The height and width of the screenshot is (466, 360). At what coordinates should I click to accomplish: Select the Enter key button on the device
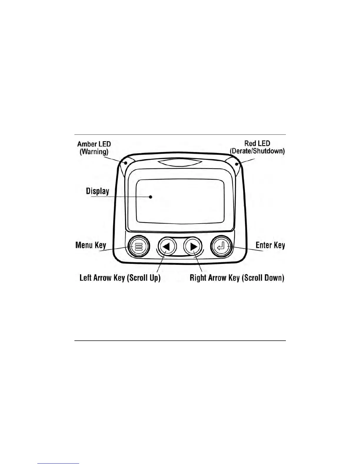tap(221, 247)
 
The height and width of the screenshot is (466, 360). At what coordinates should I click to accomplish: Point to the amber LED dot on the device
tap(126, 163)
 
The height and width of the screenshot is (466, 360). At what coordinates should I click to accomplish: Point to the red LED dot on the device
tap(236, 164)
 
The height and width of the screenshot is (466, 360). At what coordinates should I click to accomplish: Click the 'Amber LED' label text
tap(94, 144)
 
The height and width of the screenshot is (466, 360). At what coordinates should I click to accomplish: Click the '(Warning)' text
tap(94, 152)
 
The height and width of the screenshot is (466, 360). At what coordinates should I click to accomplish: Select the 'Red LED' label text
tap(257, 143)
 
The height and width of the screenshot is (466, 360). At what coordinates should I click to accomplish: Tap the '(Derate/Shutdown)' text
tap(257, 151)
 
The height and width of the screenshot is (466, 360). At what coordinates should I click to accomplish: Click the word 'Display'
tap(97, 191)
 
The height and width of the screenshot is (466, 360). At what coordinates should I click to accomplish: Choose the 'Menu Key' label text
tap(91, 245)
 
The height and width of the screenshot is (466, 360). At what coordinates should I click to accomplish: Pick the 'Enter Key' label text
tap(270, 245)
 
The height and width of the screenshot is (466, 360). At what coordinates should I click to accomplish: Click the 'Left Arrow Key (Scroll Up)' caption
tap(120, 278)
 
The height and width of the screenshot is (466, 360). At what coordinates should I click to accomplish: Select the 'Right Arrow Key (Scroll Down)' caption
tap(237, 278)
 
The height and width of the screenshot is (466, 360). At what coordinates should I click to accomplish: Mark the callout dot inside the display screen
tap(151, 197)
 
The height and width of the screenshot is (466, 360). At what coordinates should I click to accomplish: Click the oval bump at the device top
tap(180, 163)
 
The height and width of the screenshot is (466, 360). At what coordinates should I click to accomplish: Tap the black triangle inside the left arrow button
tap(166, 247)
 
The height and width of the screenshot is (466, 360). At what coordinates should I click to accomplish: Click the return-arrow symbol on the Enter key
tap(221, 246)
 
